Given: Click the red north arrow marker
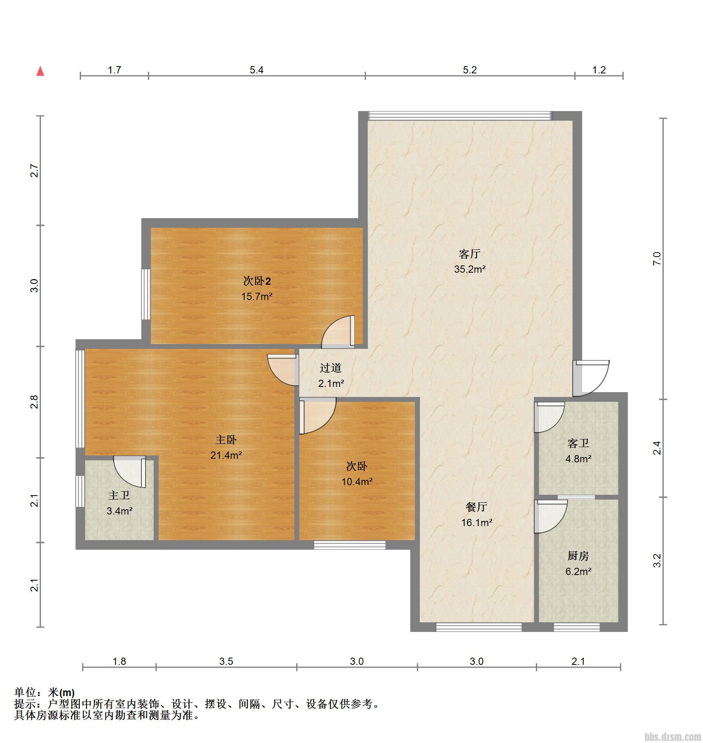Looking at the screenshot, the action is (x=40, y=71).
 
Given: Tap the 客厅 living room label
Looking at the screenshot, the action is (x=469, y=254).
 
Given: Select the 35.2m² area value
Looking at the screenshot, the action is (x=470, y=269).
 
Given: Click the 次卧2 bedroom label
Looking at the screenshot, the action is (x=257, y=281).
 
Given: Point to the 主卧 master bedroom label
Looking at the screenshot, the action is (x=226, y=440).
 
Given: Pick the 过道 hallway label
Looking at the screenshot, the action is (x=331, y=368).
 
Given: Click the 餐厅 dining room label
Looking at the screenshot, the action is (x=477, y=507).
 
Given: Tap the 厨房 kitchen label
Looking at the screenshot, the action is (x=578, y=556).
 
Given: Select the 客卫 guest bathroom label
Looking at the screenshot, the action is (x=578, y=443).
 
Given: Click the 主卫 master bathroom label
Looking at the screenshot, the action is (x=119, y=496).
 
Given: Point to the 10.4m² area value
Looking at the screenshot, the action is (x=357, y=482).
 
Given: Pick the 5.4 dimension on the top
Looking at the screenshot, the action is (x=257, y=70).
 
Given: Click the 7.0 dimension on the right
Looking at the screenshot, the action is (x=657, y=259).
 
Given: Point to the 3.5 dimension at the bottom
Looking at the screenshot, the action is (x=226, y=661).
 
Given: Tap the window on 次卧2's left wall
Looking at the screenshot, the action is (x=146, y=294).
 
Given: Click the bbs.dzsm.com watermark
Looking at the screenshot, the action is (x=673, y=736).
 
